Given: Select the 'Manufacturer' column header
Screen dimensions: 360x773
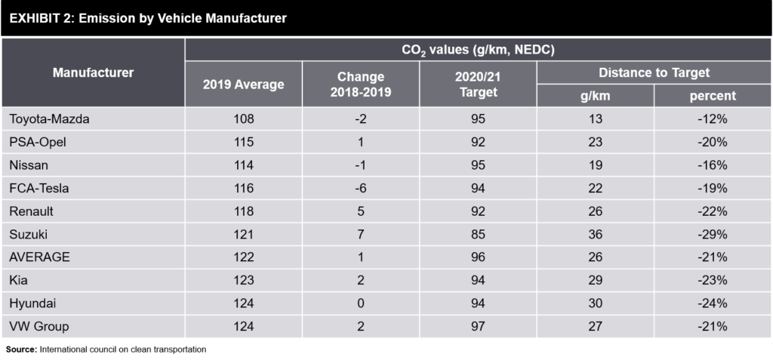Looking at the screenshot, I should click(x=93, y=72).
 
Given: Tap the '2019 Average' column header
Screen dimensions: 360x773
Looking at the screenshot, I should click(x=243, y=84).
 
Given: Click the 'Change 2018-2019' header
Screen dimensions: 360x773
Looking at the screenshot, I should click(x=360, y=84).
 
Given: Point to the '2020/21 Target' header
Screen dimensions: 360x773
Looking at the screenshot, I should click(x=477, y=84).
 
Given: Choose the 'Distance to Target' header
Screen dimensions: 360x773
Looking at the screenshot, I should click(x=654, y=72).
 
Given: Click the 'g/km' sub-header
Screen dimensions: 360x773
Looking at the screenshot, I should click(x=595, y=96).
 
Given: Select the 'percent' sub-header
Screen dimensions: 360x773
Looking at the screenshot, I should click(x=712, y=96).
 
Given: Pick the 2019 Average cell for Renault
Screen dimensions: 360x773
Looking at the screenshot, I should click(x=243, y=211).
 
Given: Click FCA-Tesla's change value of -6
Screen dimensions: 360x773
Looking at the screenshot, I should click(x=360, y=188).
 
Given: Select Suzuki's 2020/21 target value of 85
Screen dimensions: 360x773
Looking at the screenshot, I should click(x=477, y=234).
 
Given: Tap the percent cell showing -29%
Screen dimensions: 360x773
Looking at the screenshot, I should click(x=712, y=234).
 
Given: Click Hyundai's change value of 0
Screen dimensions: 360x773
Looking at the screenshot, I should click(x=360, y=303).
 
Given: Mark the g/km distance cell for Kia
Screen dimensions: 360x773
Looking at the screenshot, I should click(x=595, y=280).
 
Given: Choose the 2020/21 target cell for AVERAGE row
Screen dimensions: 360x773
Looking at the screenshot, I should click(x=477, y=257).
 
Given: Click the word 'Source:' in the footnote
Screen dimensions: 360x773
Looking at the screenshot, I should click(x=21, y=349).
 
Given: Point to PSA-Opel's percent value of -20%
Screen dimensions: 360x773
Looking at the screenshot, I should click(x=712, y=142).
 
